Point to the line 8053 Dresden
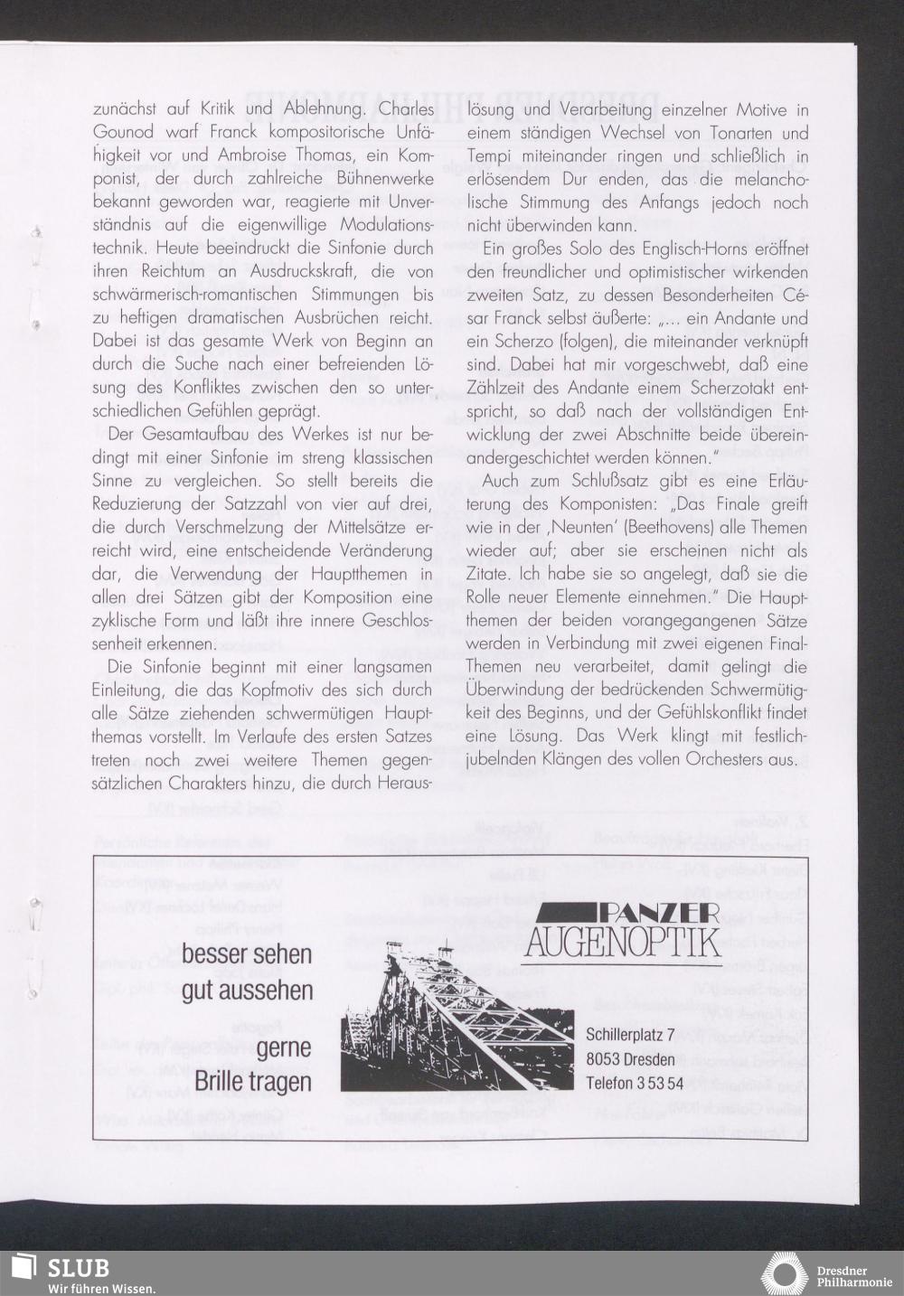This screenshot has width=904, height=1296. [630, 1059]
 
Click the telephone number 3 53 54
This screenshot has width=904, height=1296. [660, 1083]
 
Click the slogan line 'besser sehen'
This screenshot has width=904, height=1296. [247, 954]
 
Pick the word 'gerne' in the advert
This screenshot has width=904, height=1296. [284, 1048]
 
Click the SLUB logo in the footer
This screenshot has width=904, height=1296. [57, 1268]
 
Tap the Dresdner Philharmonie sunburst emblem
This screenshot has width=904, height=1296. [784, 1274]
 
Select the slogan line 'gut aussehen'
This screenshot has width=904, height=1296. [247, 990]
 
